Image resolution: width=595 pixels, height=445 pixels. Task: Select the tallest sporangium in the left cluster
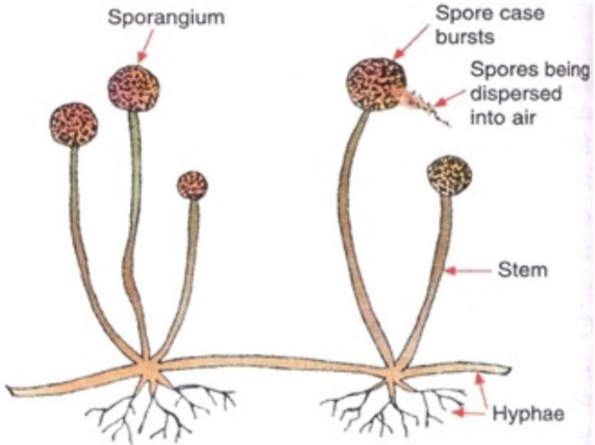pyautogui.click(x=134, y=87)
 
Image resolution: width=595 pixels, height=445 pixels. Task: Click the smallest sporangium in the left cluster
pyautogui.click(x=192, y=184)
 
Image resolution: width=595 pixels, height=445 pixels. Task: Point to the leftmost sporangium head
pyautogui.click(x=73, y=126)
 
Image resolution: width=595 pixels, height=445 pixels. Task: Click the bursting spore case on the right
pyautogui.click(x=376, y=83)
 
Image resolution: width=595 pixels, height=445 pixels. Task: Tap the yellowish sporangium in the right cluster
pyautogui.click(x=449, y=175)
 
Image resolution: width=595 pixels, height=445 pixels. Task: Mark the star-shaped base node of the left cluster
pyautogui.click(x=150, y=371)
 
